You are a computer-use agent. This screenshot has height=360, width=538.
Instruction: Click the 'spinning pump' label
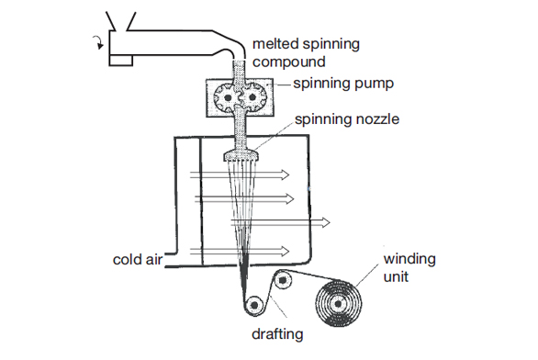point(343,84)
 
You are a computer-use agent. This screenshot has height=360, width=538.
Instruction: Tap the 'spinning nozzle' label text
point(347,119)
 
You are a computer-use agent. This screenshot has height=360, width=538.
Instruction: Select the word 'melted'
point(274,43)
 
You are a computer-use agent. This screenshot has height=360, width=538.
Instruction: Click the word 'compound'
point(289,62)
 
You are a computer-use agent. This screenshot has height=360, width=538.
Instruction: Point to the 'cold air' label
point(137,260)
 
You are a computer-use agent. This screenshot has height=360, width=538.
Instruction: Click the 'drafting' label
point(277,334)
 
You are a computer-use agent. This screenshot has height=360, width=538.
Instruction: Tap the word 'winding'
point(409,259)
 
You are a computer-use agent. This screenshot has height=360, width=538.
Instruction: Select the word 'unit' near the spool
point(396,277)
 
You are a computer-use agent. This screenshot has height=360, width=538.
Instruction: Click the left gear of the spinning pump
point(227,97)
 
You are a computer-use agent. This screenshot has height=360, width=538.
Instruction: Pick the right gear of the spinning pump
point(252,97)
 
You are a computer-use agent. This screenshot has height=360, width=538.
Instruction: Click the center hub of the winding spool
point(338,304)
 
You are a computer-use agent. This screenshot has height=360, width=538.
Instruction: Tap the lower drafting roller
point(254,304)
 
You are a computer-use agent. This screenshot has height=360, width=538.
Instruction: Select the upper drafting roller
point(283,280)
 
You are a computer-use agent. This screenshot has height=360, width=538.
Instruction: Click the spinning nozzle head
point(241,156)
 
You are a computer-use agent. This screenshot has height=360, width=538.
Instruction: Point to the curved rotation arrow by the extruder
point(99,43)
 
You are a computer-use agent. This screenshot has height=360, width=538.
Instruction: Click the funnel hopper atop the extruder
point(121,21)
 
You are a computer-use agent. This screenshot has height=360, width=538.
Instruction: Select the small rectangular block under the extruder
point(121,61)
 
